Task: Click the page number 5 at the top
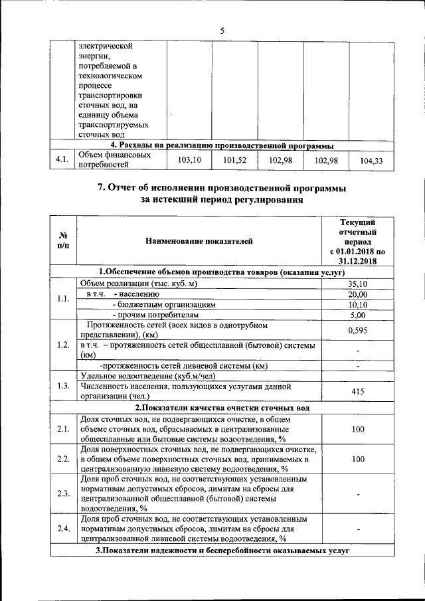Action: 222,30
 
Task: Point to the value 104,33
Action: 371,161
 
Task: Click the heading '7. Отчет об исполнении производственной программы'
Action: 222,188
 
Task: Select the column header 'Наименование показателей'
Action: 199,242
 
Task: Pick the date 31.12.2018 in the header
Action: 357,262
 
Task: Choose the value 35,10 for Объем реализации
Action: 357,284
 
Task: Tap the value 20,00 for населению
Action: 357,294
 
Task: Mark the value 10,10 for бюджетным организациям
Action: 357,305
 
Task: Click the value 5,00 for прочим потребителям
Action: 357,315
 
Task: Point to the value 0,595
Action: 357,330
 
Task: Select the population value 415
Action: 357,392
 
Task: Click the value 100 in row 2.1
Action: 357,430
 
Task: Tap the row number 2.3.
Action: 63,493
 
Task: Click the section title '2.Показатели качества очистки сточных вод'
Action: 222,408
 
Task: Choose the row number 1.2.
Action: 63,345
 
